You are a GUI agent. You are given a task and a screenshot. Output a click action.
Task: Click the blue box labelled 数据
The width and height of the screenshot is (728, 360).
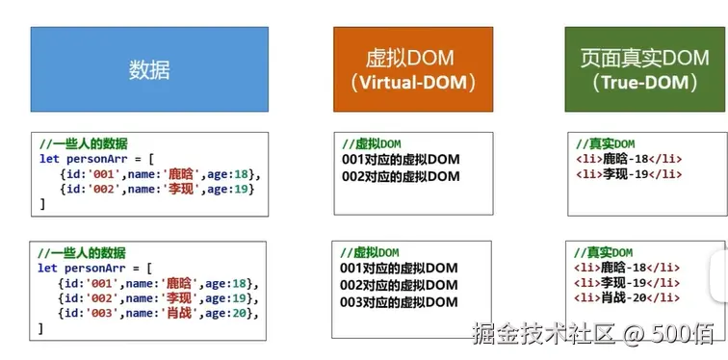click(x=149, y=69)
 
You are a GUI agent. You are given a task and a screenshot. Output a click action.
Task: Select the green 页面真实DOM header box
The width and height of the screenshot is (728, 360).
click(x=637, y=69)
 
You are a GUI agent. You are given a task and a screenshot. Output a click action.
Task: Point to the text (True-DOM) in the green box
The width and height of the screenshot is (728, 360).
click(x=637, y=83)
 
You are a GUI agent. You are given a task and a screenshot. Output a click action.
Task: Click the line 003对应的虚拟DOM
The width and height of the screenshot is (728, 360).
click(x=400, y=302)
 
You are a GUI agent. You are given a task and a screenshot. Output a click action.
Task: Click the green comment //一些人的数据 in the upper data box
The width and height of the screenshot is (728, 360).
click(x=85, y=143)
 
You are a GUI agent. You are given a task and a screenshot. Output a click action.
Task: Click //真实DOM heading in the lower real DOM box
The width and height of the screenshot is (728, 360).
click(x=605, y=252)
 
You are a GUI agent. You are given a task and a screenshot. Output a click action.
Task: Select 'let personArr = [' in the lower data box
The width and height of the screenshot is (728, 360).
click(x=93, y=268)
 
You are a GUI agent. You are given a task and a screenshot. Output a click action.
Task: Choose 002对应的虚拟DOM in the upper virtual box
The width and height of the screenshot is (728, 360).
click(x=401, y=176)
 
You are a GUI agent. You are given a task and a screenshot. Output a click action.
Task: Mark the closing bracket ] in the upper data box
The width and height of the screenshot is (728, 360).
click(x=42, y=204)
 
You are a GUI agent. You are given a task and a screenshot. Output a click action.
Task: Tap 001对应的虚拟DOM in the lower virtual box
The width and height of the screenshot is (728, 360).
click(x=400, y=269)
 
